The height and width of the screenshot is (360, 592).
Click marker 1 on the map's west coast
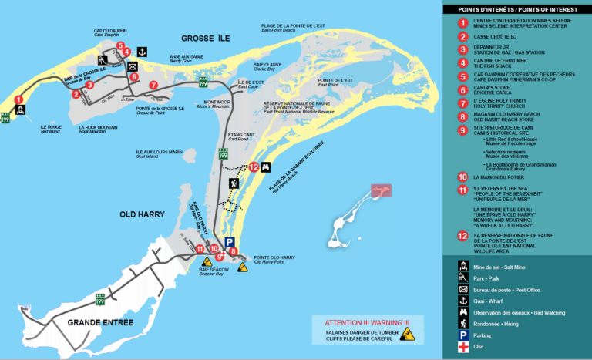(18, 99)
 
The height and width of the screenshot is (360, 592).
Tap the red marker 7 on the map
(153, 85)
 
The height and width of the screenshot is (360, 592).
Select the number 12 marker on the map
(253, 167)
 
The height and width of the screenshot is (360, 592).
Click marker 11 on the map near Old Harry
(200, 248)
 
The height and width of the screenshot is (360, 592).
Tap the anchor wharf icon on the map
(142, 52)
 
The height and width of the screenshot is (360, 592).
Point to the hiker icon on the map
(234, 183)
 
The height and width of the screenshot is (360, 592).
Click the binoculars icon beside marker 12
(266, 167)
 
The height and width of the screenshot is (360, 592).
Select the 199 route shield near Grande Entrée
(99, 298)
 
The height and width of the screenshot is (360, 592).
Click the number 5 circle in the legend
(462, 76)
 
